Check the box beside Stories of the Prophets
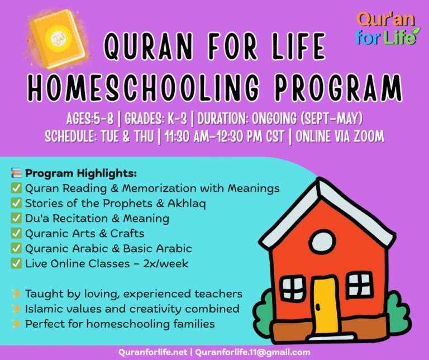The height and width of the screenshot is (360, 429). click(x=16, y=203)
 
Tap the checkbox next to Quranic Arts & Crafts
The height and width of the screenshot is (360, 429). click(x=16, y=233)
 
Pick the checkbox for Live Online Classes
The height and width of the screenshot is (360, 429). click(x=16, y=263)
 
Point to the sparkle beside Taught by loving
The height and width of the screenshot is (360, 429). click(x=16, y=294)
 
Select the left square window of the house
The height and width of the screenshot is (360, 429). click(x=292, y=287)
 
